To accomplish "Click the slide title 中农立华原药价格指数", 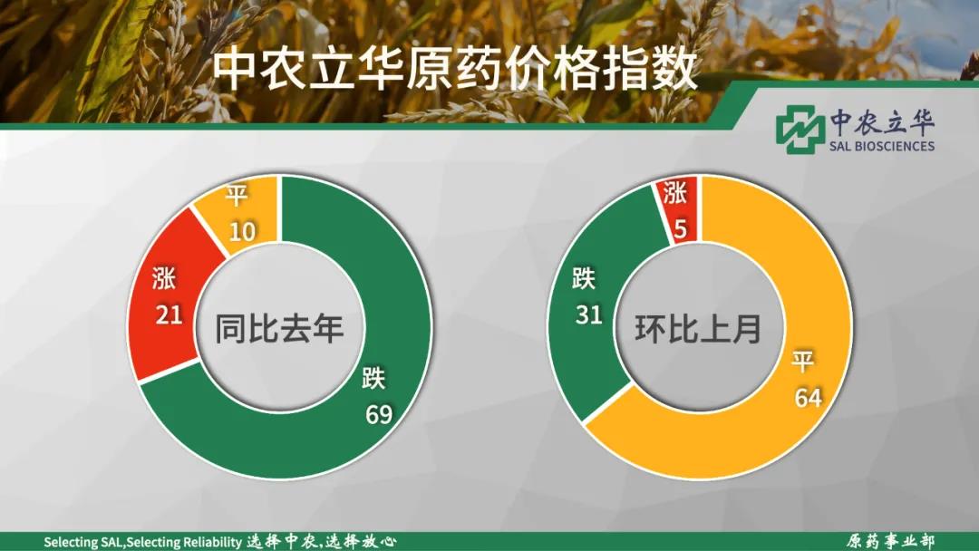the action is tap(454, 69).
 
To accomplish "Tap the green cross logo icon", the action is tap(800, 130).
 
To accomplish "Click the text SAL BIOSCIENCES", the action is tap(882, 146).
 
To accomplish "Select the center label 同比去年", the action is tap(279, 328).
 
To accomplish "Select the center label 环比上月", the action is tap(698, 328).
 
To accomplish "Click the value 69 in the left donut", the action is tap(379, 414).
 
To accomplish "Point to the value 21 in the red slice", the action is tap(169, 314).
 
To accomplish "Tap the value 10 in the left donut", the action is tap(242, 232).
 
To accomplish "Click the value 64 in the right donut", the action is tap(808, 398).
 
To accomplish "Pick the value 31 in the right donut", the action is tap(588, 314).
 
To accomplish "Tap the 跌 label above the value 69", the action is tap(373, 379).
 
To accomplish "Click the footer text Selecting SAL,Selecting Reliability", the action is tap(142, 542).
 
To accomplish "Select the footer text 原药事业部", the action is tap(890, 541).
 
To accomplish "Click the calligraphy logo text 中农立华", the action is tap(882, 121).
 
